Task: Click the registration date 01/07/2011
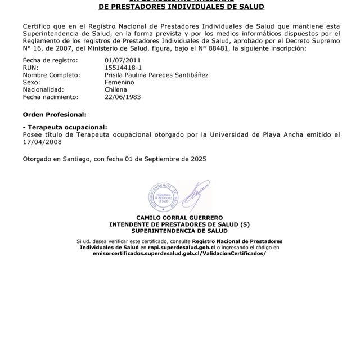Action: (x=123, y=60)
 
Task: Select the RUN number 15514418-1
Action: (x=123, y=67)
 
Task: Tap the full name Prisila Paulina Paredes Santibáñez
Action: (x=156, y=74)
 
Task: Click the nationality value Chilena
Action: (x=116, y=89)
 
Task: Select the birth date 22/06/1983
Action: (x=123, y=97)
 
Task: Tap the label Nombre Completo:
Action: (x=49, y=74)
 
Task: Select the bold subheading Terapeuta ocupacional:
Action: (x=65, y=127)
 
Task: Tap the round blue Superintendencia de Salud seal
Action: (x=163, y=197)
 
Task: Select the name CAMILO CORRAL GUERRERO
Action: (x=179, y=218)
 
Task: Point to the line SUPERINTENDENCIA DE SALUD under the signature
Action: (x=179, y=231)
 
